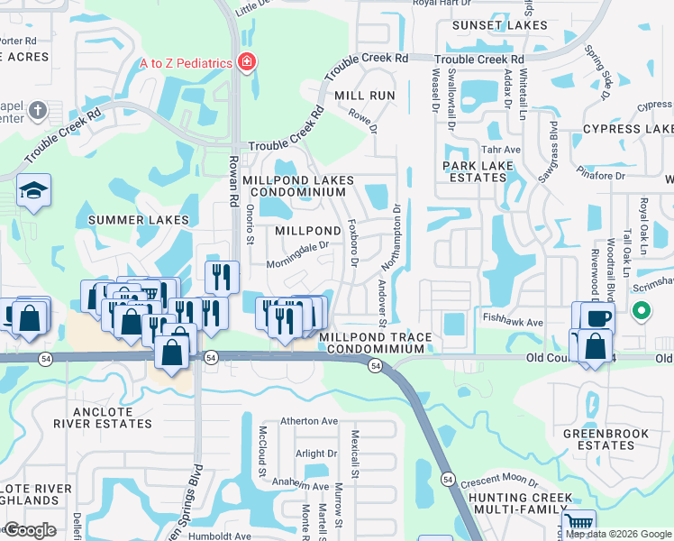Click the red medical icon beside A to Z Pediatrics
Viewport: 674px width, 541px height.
pyautogui.click(x=246, y=62)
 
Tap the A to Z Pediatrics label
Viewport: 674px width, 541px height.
pyautogui.click(x=186, y=63)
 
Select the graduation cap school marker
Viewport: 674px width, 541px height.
pyautogui.click(x=33, y=190)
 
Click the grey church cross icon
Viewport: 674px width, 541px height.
pyautogui.click(x=37, y=110)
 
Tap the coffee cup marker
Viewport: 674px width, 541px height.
pyautogui.click(x=597, y=318)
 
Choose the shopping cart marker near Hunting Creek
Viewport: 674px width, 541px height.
pyautogui.click(x=578, y=524)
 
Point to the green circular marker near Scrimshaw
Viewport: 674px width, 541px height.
pyautogui.click(x=641, y=312)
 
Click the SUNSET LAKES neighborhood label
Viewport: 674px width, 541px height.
pyautogui.click(x=500, y=25)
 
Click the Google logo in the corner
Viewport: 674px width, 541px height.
pyautogui.click(x=31, y=530)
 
